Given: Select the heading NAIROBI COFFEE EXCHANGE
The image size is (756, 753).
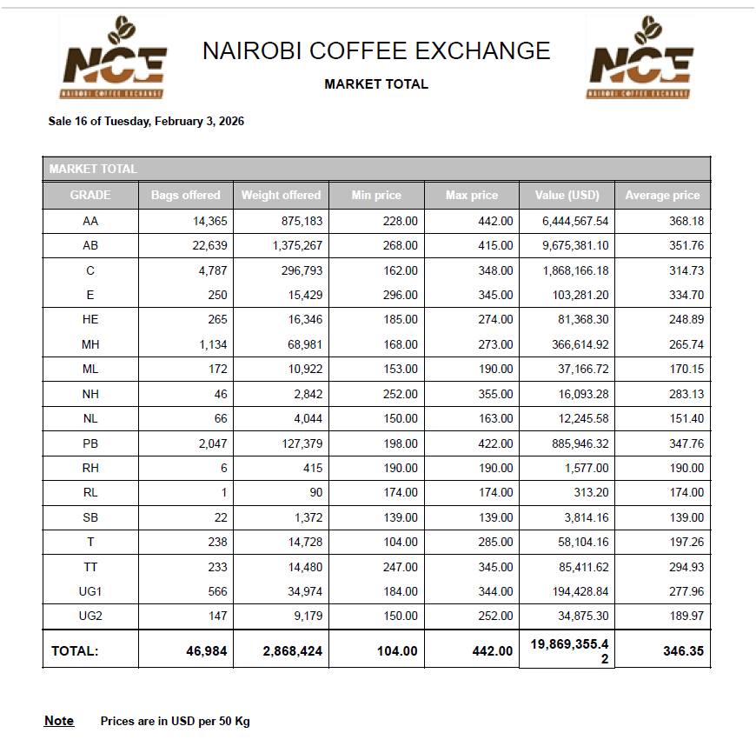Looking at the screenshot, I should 376,51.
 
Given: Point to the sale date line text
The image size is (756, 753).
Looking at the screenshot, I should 146,121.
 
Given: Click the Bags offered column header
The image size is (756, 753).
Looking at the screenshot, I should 186,195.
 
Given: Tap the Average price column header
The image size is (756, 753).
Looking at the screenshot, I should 662,195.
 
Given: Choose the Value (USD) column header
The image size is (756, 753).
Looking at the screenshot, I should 567,195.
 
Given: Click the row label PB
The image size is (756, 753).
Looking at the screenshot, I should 90,443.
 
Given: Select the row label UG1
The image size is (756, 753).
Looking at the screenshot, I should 90,591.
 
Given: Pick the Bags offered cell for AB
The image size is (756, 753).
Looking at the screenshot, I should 209,245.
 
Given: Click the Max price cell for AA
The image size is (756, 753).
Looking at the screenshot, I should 495,221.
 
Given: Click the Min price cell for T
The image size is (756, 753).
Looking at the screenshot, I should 400,542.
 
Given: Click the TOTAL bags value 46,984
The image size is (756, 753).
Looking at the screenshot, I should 207,650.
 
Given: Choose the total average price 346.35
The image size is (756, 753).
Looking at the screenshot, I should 683,650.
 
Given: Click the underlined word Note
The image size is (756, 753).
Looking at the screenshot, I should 59,721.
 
